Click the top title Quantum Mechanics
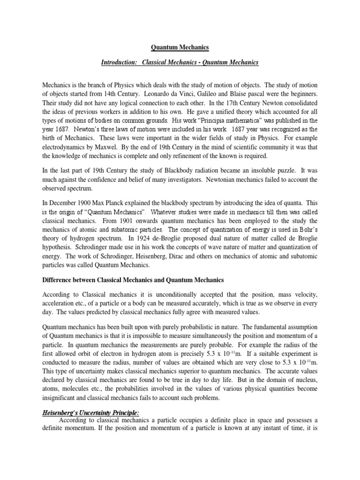coord(180,47)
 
